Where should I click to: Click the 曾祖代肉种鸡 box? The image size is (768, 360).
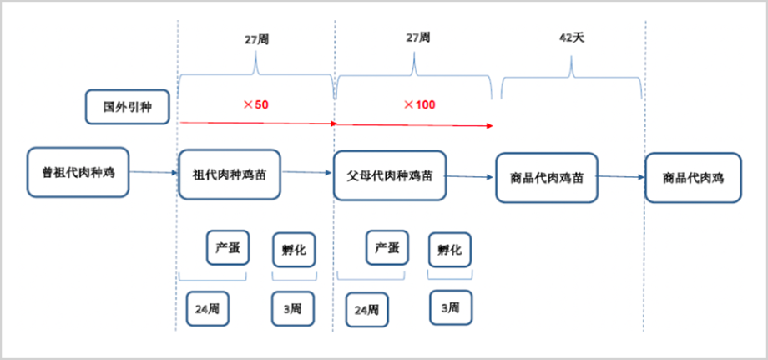point(78,173)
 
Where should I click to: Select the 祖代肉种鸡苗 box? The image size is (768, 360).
point(230,175)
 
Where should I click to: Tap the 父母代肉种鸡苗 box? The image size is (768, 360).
point(390,175)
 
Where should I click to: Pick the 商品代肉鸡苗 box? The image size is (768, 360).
point(547,177)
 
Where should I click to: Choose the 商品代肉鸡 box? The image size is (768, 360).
point(693,177)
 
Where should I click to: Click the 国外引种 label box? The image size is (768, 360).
point(129,107)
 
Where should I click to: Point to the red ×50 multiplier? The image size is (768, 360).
point(255,104)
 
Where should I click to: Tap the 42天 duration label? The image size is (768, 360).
point(572,39)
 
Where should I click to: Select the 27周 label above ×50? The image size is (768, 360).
point(255,39)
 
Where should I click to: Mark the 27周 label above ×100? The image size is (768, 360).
point(417,39)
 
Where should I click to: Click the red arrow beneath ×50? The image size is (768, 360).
point(257,123)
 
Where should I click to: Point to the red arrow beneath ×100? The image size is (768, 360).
point(414,125)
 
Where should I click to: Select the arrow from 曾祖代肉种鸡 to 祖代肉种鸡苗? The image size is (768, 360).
point(154,173)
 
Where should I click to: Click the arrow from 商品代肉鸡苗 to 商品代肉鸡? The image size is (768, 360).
point(621,176)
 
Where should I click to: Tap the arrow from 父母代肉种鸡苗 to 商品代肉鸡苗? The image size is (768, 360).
point(471,176)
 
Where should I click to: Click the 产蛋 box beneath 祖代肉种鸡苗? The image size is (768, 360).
point(228,248)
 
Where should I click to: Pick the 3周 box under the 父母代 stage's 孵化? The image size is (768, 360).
point(450,307)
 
